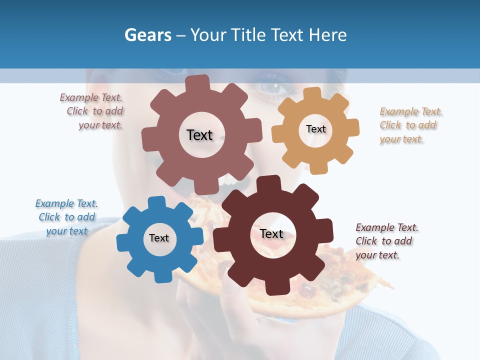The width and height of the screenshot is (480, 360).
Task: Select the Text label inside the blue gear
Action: [159, 238]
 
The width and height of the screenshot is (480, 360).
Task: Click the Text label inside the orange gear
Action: [315, 129]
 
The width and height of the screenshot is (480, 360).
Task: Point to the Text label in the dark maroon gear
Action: [271, 234]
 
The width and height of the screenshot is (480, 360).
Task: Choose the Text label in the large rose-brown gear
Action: [199, 135]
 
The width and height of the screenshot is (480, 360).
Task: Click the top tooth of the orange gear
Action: [312, 93]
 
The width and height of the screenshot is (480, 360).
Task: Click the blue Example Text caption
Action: [66, 217]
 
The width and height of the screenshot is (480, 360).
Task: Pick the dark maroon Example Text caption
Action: [386, 241]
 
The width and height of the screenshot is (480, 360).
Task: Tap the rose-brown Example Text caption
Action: [92, 111]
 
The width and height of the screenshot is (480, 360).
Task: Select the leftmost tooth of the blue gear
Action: [122, 243]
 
